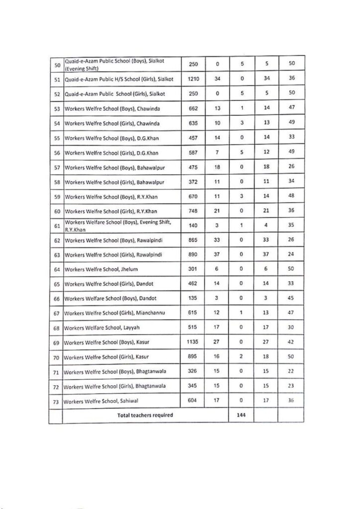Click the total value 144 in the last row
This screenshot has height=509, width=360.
point(241,415)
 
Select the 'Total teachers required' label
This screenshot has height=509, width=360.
point(145,415)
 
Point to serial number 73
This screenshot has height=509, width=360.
point(56,401)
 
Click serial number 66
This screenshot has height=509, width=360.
point(56,299)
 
